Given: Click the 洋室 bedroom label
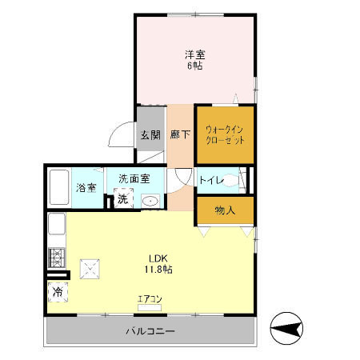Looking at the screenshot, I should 195,54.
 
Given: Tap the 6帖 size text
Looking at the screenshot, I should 195,66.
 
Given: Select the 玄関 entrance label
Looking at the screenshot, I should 150,134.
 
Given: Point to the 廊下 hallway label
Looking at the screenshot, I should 180,134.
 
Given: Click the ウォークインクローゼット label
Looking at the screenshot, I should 225,134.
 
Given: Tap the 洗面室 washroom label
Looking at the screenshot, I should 130,178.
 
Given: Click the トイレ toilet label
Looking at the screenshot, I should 212,180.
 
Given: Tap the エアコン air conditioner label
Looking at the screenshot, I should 150,299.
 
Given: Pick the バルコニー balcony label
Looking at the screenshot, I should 150,330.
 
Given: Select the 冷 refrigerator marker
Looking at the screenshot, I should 58,293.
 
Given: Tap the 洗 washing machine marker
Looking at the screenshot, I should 123,198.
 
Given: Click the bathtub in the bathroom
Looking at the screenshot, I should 58,189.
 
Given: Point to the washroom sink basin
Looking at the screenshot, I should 150,200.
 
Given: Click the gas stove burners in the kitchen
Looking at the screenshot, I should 58,258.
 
